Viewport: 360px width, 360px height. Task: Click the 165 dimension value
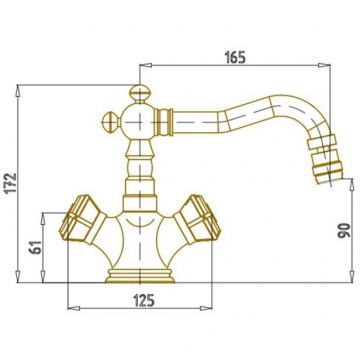235,57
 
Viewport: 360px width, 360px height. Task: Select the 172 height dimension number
12,183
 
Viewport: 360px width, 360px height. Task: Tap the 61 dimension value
37,247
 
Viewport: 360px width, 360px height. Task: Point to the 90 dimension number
345,230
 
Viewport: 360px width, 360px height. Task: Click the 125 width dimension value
144,301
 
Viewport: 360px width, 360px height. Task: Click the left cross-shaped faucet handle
82,219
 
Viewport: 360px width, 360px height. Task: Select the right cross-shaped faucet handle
198,219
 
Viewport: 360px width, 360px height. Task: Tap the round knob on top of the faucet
139,93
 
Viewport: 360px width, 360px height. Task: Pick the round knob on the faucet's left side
111,122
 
